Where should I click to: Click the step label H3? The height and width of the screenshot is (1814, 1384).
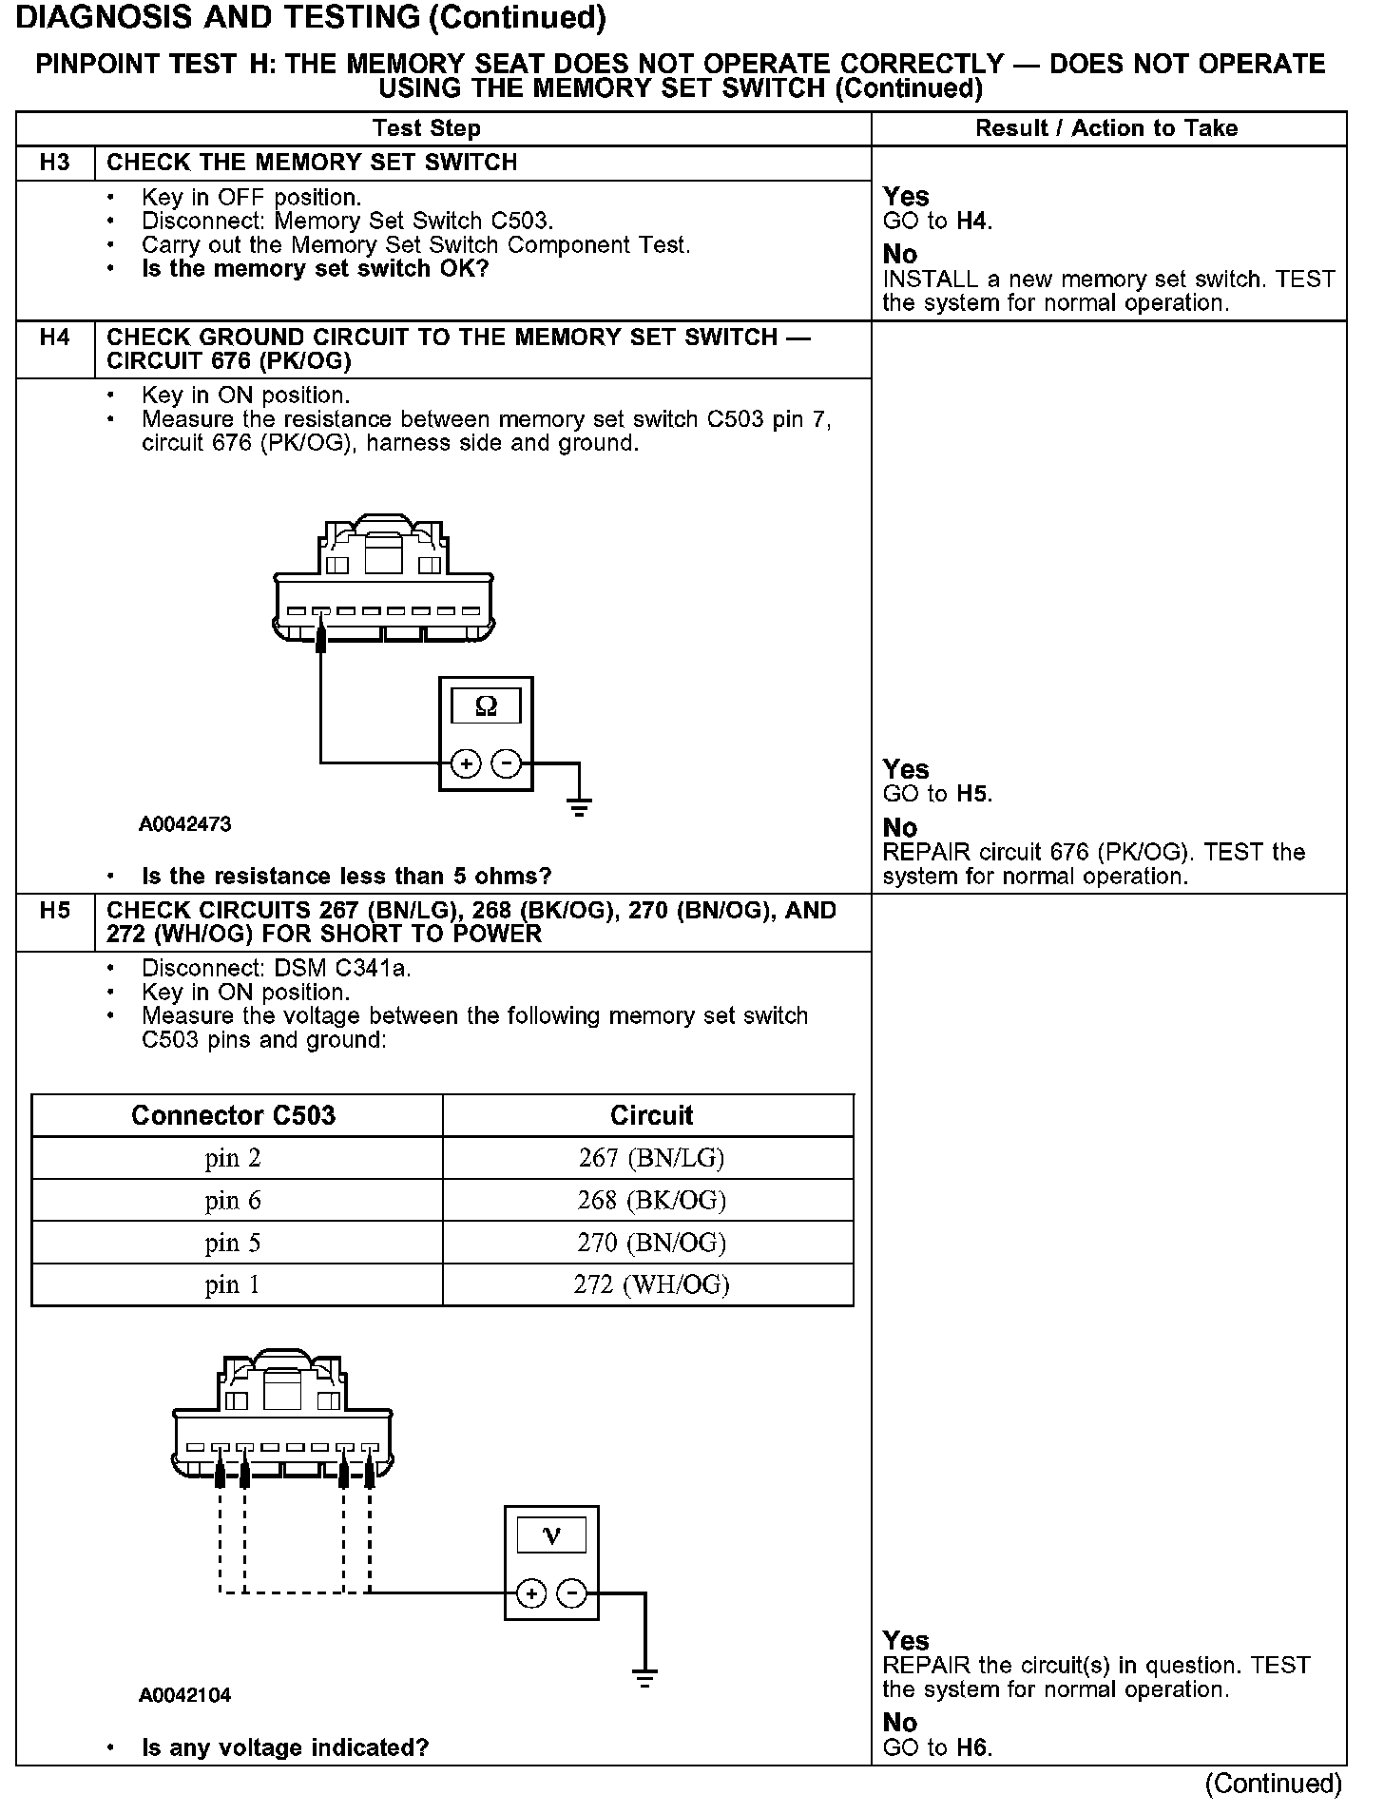coord(55,163)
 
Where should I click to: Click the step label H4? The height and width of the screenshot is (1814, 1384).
coord(55,338)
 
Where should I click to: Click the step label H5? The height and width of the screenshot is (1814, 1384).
coord(55,911)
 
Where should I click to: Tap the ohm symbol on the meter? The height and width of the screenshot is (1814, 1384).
coord(486,706)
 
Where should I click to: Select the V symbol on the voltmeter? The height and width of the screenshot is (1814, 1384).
coord(551,1536)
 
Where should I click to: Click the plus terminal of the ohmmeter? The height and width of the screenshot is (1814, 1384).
coord(465,763)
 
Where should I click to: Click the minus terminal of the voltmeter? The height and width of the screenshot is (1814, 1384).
coord(571,1593)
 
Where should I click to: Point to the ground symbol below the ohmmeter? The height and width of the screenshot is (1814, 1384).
coord(579,807)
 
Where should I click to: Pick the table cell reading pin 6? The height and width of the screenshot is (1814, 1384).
coord(233,1201)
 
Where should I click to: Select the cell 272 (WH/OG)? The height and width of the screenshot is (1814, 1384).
coord(651,1285)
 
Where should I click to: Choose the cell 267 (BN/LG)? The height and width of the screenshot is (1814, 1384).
coord(651,1158)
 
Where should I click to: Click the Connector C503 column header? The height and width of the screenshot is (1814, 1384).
coord(234,1115)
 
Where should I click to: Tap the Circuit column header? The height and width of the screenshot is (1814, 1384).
coord(651,1115)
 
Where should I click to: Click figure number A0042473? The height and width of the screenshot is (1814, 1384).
coord(185,824)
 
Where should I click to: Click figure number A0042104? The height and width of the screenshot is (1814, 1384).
coord(185,1695)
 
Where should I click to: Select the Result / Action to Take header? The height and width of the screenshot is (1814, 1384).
coord(1106,128)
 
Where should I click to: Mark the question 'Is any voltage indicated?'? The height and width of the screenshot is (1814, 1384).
coord(285,1747)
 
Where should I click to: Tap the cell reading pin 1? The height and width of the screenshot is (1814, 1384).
coord(233,1285)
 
